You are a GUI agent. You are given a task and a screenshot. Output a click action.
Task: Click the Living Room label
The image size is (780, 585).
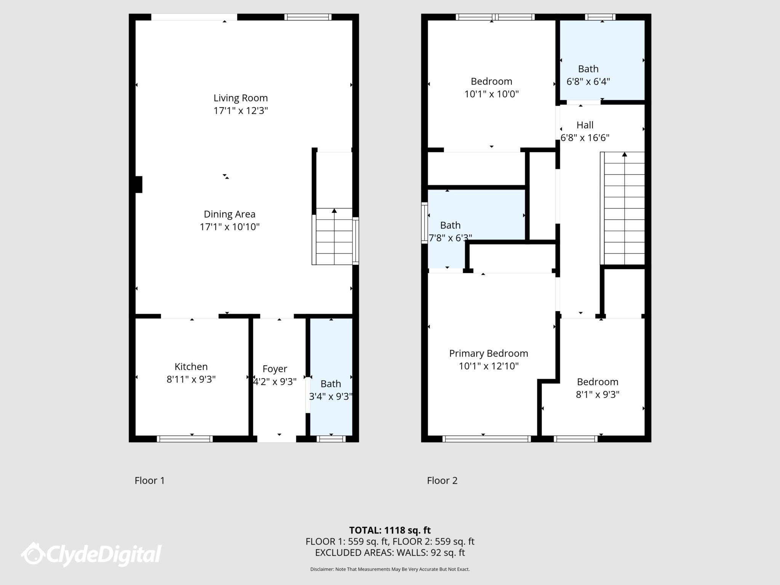240,98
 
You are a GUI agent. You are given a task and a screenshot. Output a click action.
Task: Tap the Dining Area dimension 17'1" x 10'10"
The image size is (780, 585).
230,227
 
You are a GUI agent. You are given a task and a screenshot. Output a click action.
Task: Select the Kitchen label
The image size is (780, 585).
191,367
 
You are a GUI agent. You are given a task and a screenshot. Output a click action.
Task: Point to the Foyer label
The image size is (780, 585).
275,369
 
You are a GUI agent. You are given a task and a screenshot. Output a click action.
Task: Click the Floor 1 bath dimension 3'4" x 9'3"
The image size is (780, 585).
330,397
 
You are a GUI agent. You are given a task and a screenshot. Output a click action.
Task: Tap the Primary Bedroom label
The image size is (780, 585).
488,353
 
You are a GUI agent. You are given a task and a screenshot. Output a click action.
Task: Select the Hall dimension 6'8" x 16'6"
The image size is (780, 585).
585,138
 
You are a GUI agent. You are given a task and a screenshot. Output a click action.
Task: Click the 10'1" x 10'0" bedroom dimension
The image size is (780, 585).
491,94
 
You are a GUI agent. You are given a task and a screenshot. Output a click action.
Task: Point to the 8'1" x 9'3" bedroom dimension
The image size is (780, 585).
597,395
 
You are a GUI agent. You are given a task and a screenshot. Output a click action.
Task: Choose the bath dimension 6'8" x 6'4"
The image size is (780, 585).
588,82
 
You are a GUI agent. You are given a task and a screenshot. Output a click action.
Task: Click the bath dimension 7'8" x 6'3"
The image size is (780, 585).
450,238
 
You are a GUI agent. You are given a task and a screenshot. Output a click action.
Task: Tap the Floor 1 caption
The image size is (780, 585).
150,481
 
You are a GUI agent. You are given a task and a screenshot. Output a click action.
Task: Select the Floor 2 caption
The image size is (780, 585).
442,481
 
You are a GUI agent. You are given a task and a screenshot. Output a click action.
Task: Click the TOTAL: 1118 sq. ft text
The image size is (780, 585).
390,530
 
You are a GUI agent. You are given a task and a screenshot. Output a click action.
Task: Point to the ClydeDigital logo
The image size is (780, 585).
91,554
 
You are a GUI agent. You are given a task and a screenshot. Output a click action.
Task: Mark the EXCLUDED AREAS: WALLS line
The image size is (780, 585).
390,553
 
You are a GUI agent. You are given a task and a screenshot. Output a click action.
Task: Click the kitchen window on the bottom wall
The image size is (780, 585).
185,439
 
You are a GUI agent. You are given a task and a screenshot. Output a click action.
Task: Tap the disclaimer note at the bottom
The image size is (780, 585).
390,569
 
